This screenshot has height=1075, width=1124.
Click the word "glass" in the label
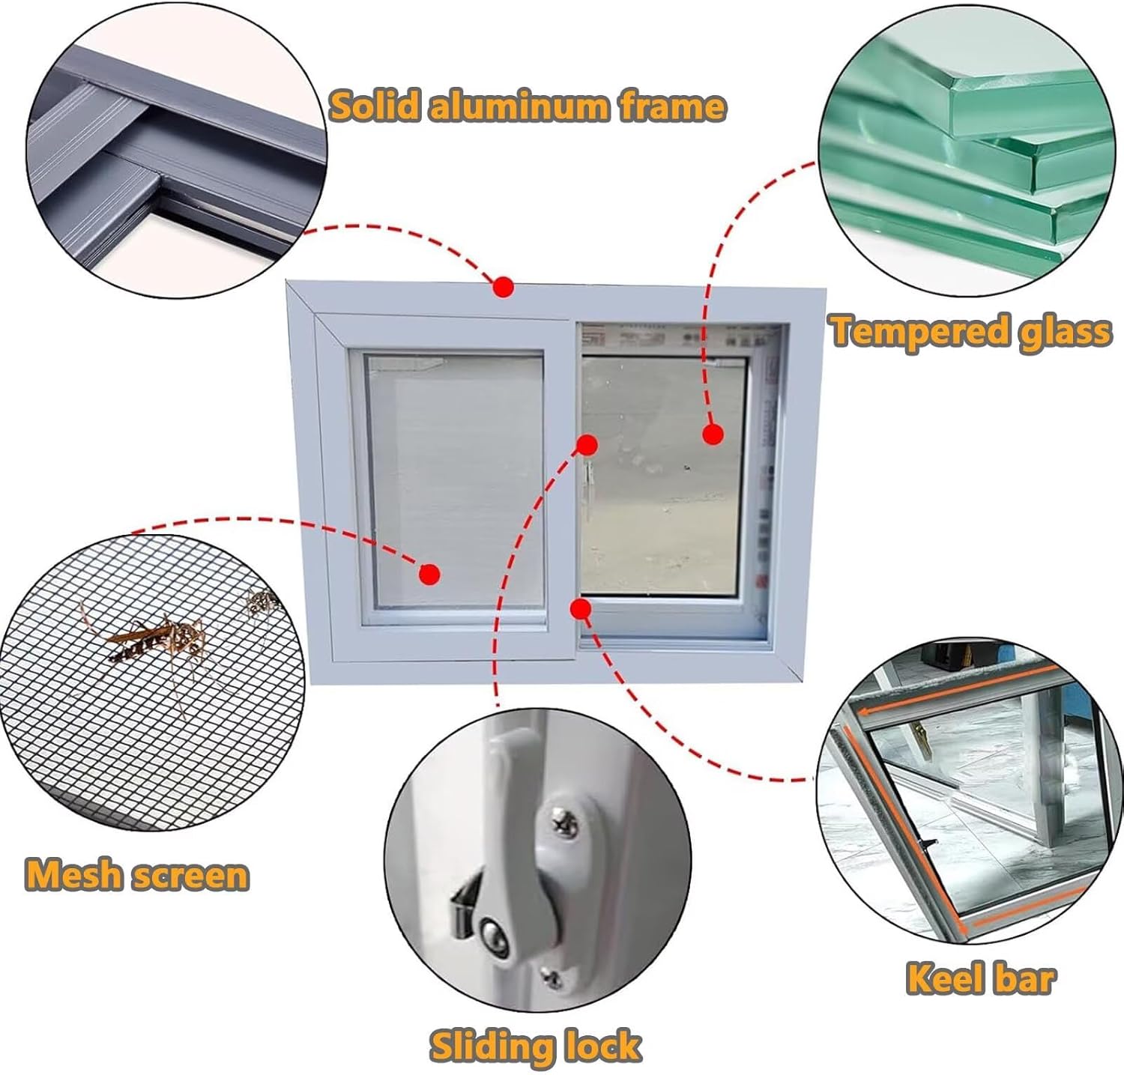(1063, 330)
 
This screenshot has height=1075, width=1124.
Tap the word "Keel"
(940, 978)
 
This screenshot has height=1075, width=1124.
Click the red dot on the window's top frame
(503, 287)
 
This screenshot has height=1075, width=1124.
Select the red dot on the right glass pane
(713, 434)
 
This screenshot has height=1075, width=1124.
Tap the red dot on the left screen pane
(429, 575)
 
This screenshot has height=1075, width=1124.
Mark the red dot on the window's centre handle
(587, 445)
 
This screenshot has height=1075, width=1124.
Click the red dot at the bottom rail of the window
(580, 608)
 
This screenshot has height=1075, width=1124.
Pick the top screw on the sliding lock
(563, 823)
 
